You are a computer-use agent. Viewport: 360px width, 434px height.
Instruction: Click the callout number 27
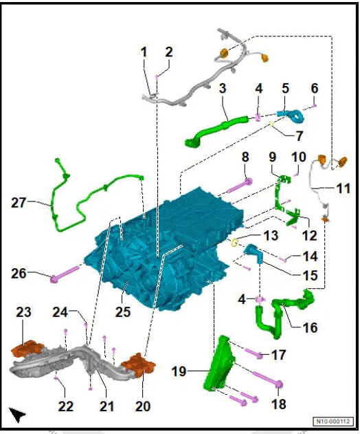[19, 203]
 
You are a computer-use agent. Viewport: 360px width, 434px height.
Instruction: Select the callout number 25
[123, 312]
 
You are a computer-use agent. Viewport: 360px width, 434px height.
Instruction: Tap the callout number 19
[179, 371]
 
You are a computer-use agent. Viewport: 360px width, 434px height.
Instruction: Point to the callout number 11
[344, 188]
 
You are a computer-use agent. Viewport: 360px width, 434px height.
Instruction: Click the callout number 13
[271, 235]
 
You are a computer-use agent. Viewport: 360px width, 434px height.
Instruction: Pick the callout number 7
[299, 136]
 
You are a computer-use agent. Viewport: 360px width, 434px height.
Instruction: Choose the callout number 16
[310, 327]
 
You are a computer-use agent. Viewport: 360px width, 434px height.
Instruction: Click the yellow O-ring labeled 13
[234, 243]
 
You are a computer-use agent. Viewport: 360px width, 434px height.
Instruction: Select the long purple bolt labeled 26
[65, 273]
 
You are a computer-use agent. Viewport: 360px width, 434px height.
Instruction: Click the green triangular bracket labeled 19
[218, 364]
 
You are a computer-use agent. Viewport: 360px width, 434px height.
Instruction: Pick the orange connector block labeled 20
[138, 365]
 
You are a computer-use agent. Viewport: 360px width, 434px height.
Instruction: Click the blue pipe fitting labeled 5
[291, 116]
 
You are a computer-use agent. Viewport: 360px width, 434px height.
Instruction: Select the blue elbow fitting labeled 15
[254, 253]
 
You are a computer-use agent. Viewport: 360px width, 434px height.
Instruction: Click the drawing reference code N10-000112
[333, 422]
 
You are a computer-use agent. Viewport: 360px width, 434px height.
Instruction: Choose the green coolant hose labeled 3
[216, 131]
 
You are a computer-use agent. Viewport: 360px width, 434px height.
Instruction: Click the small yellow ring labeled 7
[271, 124]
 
